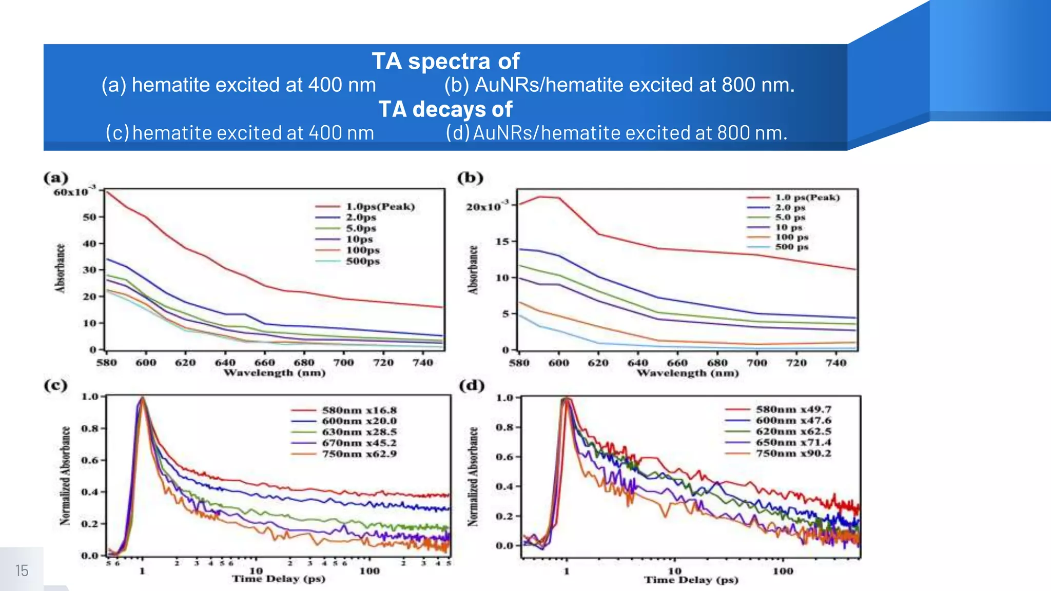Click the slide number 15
tap(22, 570)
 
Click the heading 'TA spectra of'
tap(445, 61)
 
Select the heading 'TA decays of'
tap(445, 109)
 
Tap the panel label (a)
tap(55, 178)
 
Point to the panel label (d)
tap(471, 385)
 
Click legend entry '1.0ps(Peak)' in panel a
tap(380, 207)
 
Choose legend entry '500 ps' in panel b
tap(791, 247)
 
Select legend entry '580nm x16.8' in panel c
tap(359, 410)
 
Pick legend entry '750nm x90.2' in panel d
tap(793, 454)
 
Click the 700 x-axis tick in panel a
tap(343, 363)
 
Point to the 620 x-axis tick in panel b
tap(598, 363)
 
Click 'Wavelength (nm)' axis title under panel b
tap(688, 373)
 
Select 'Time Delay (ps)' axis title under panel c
tap(279, 579)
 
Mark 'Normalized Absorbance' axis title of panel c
tap(65, 476)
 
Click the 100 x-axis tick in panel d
tap(783, 572)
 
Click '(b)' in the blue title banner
tap(457, 85)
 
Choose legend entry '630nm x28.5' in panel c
tap(359, 432)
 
